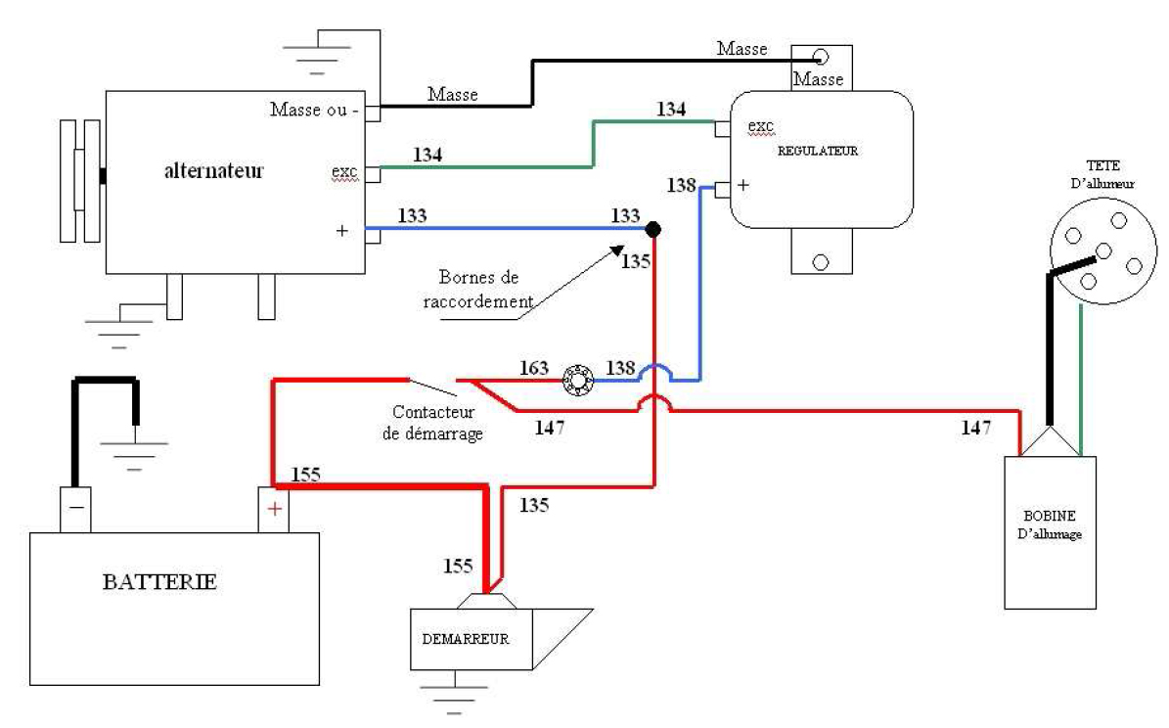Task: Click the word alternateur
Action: pos(214,170)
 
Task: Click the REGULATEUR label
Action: pos(818,152)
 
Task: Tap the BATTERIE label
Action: pos(159,581)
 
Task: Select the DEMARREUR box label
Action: pos(466,638)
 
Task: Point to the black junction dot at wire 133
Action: pos(653,229)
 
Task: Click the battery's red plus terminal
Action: pos(274,509)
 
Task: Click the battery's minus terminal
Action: pos(76,509)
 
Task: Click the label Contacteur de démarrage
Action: pos(434,424)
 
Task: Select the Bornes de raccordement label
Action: pos(478,292)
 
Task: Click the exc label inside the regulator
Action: pos(760,127)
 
